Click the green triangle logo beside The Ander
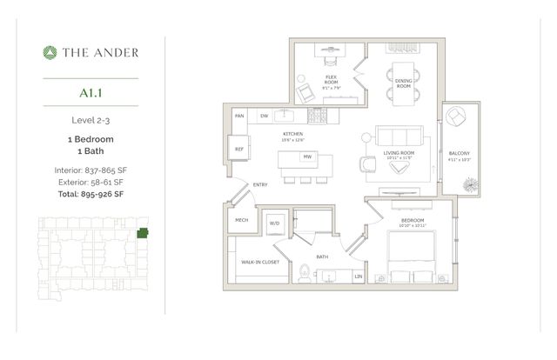click(50, 52)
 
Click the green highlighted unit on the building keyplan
click(142, 232)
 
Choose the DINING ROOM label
click(403, 83)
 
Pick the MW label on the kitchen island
click(306, 157)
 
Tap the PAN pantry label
click(238, 115)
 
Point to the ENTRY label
click(260, 184)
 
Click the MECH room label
click(241, 221)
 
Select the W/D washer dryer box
click(276, 223)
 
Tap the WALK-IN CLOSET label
click(259, 261)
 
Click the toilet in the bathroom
click(302, 273)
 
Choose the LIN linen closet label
click(358, 276)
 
